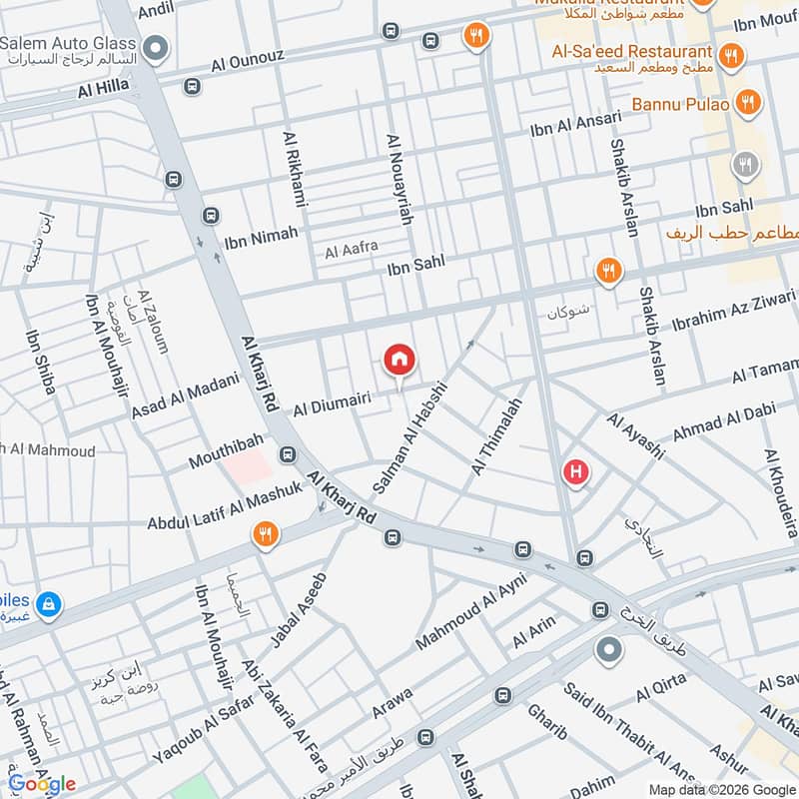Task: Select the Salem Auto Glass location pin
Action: pyautogui.click(x=155, y=47)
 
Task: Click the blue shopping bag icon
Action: pyautogui.click(x=47, y=603)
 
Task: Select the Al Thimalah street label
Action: pyautogui.click(x=496, y=436)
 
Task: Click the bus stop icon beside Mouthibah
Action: pyautogui.click(x=288, y=455)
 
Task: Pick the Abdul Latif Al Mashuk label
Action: pyautogui.click(x=224, y=507)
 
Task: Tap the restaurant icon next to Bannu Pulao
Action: pyautogui.click(x=746, y=101)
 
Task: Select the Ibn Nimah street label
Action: pyautogui.click(x=262, y=235)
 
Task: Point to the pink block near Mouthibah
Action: pyautogui.click(x=246, y=465)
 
